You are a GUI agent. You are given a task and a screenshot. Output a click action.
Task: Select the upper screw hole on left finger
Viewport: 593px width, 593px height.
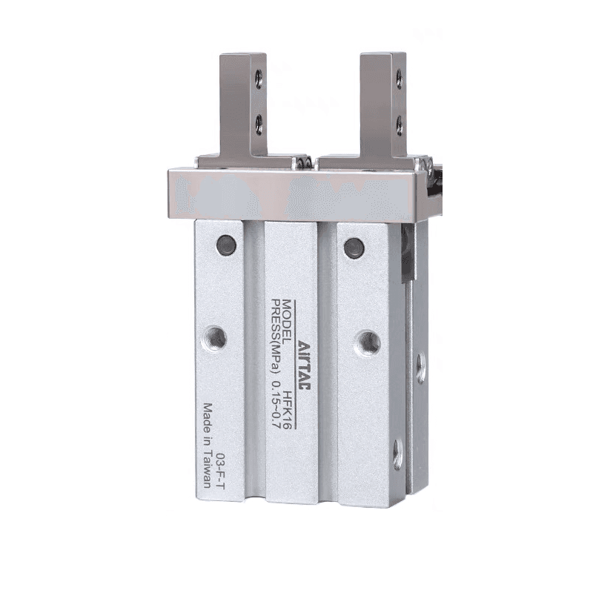click(259, 79)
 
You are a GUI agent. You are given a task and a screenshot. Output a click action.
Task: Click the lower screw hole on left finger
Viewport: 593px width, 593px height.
click(259, 125)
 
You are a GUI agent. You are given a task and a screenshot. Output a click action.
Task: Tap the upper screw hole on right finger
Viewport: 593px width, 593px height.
click(399, 79)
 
